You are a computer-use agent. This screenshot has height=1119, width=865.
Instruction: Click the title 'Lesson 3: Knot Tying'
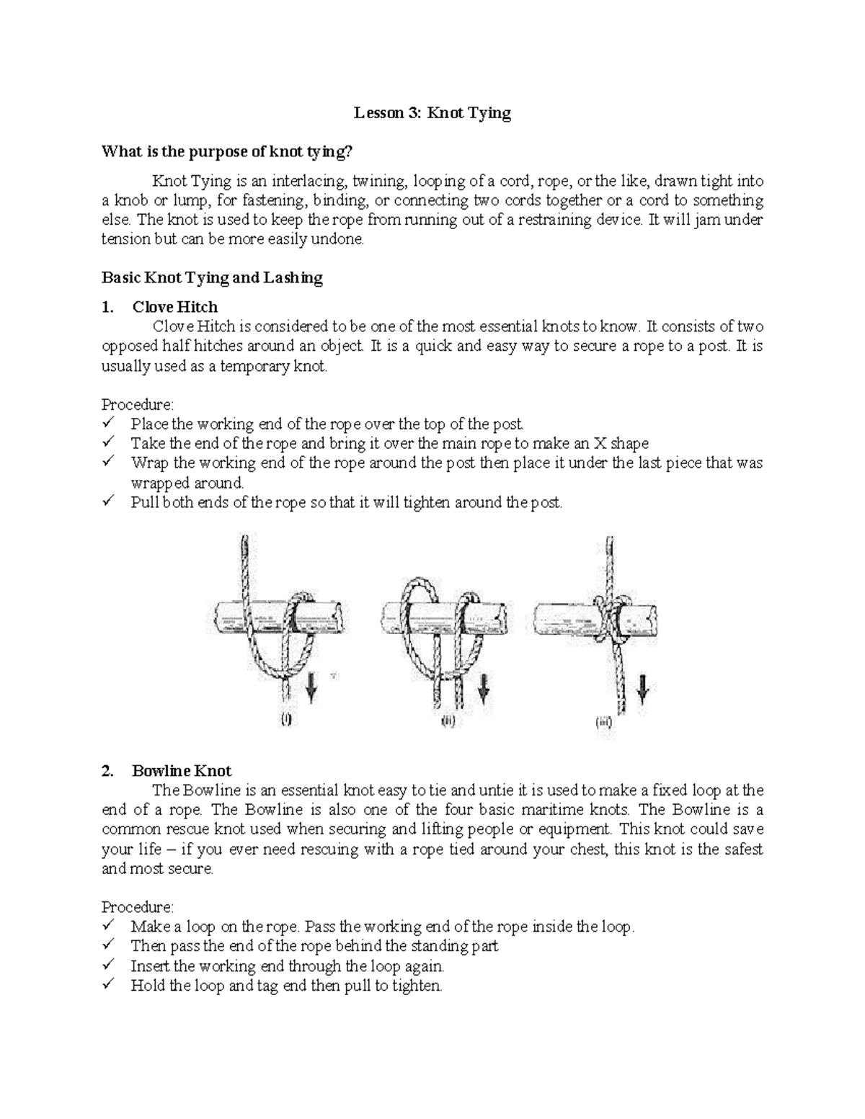(x=432, y=113)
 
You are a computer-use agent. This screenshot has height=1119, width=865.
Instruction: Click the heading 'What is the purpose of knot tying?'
(x=228, y=152)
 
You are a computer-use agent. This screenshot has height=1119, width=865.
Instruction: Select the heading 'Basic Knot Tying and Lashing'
(x=212, y=277)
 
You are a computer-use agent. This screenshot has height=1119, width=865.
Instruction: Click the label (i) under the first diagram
(x=286, y=719)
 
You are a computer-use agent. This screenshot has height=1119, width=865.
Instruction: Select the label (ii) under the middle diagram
(x=448, y=720)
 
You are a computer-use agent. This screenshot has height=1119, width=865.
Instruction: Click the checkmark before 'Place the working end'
(x=109, y=423)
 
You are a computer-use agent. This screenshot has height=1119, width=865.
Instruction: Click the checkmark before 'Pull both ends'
(x=109, y=501)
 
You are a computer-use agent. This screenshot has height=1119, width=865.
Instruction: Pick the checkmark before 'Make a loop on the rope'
(x=109, y=925)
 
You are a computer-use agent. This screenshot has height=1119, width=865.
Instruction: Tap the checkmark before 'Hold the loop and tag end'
(x=109, y=984)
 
